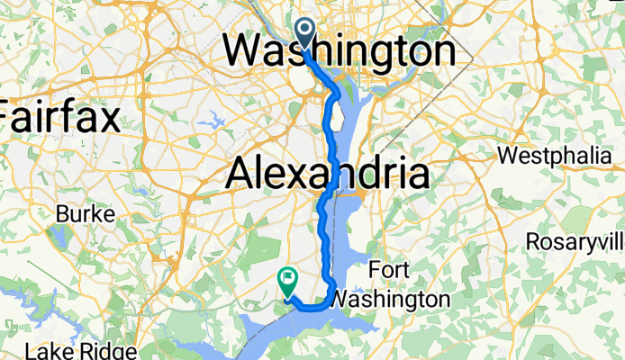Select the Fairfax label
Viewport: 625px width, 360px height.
point(60,118)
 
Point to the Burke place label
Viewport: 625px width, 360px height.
point(86,215)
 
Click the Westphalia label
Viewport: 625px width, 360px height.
point(554,156)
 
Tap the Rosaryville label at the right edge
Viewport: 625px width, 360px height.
point(576,243)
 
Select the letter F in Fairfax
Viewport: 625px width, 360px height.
point(10,118)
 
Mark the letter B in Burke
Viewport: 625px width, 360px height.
point(62,215)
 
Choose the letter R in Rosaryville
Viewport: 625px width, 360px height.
point(534,243)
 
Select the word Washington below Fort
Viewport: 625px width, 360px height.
point(389,298)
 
